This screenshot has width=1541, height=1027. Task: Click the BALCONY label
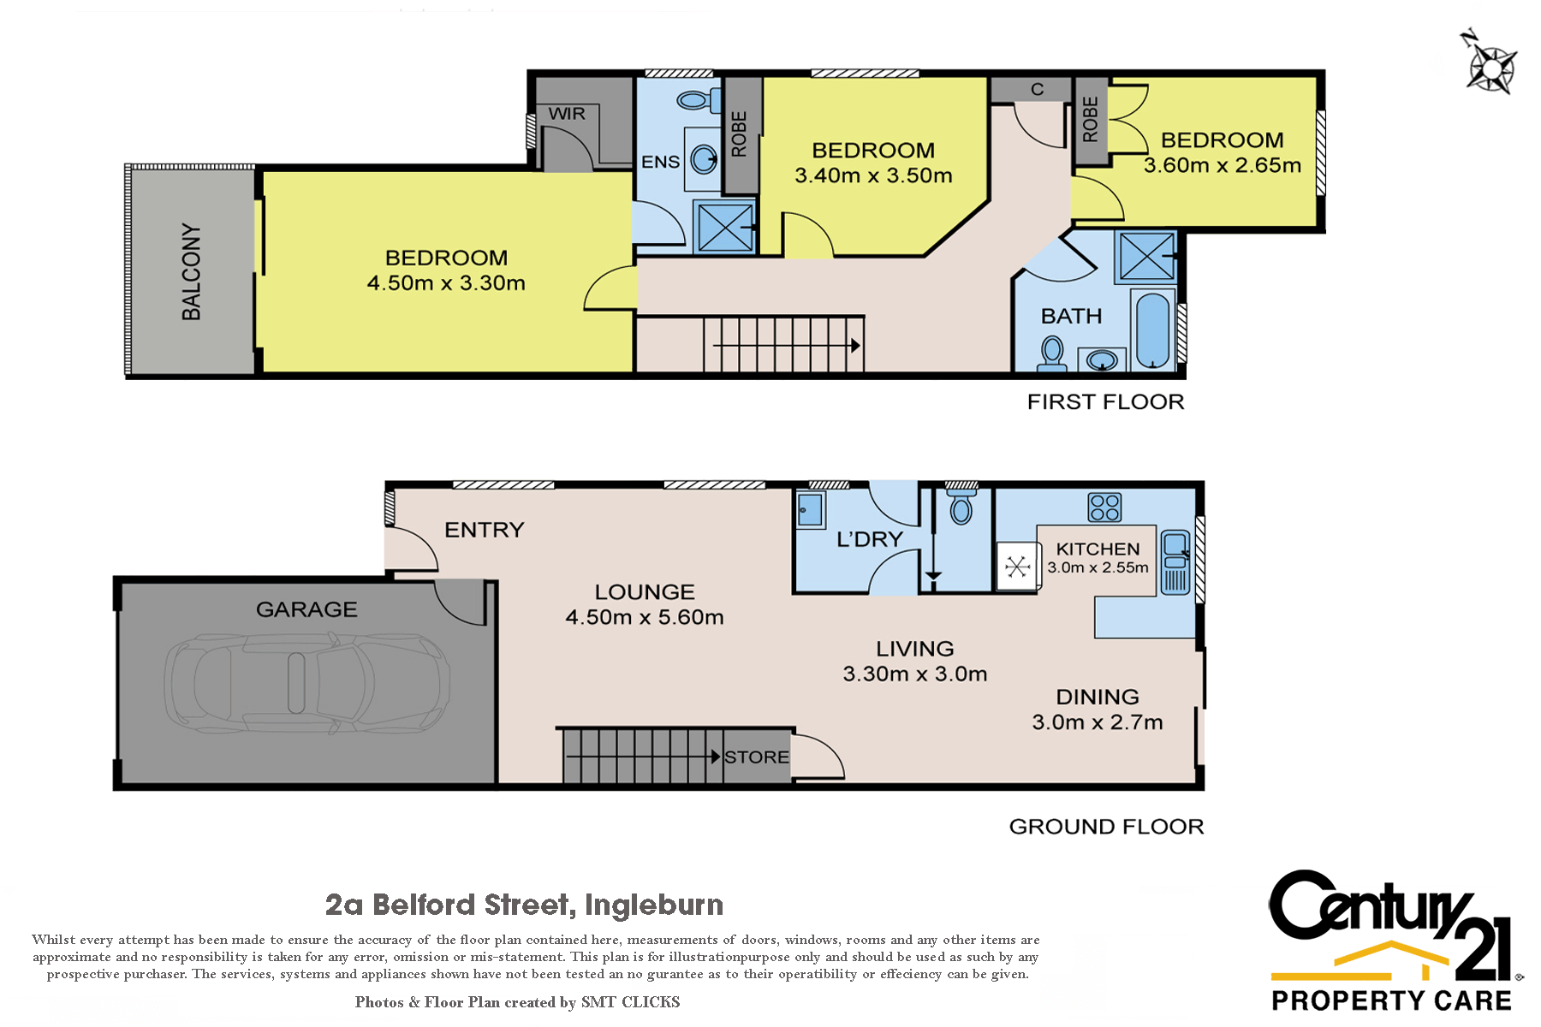coord(191,272)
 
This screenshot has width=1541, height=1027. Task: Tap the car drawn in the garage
coord(307,683)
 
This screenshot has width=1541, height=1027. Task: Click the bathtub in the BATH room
coord(1152,331)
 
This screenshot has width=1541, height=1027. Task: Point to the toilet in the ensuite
coord(696,100)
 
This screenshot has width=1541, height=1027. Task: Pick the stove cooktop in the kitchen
coord(1104,508)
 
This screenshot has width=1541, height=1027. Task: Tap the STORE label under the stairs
coord(756,757)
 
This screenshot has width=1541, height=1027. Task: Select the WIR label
coord(567,114)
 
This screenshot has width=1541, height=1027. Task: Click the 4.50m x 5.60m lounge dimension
coord(645,617)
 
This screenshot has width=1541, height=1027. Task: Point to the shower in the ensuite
coord(725,227)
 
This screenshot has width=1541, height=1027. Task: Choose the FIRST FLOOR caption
coord(1105,401)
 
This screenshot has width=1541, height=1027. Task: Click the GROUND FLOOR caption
coord(1106,826)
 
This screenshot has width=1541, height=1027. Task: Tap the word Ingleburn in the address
coord(654,905)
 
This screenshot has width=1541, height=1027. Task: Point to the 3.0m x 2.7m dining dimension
coord(1098,722)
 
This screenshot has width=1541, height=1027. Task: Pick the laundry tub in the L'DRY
coord(810,510)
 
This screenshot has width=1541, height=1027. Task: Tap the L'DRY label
coord(870,539)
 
